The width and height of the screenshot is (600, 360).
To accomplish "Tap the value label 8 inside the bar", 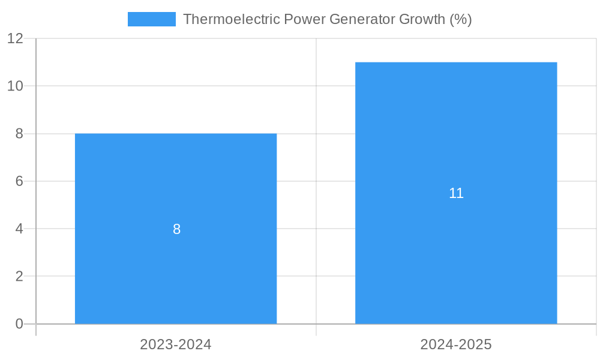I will pyautogui.click(x=176, y=229).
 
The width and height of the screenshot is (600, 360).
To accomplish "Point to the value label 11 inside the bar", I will pyautogui.click(x=456, y=193).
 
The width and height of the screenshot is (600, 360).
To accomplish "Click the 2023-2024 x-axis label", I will pyautogui.click(x=176, y=345).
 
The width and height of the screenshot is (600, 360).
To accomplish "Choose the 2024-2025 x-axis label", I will pyautogui.click(x=456, y=345).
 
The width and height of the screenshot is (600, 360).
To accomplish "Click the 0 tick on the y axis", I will pyautogui.click(x=19, y=324).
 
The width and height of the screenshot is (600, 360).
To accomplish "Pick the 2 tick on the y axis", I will pyautogui.click(x=19, y=277).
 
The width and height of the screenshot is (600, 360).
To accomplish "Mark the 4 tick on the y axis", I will pyautogui.click(x=19, y=229).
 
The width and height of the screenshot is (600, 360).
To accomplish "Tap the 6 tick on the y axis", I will pyautogui.click(x=19, y=181).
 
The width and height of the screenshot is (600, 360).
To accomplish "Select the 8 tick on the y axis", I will pyautogui.click(x=19, y=134).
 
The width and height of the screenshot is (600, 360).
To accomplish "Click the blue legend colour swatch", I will pyautogui.click(x=152, y=19).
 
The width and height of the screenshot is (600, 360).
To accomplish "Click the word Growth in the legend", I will pyautogui.click(x=422, y=19).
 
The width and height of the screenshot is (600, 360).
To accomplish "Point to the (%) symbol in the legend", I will pyautogui.click(x=461, y=19).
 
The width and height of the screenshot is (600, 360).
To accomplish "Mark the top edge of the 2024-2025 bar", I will pyautogui.click(x=456, y=62).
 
